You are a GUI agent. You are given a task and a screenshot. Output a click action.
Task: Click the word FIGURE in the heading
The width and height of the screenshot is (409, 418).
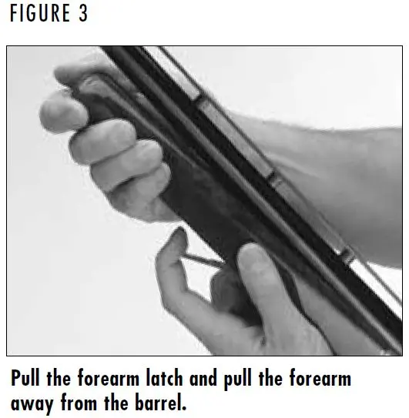(x=40, y=13)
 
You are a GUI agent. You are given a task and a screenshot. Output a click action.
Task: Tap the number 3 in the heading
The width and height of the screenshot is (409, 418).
(x=83, y=13)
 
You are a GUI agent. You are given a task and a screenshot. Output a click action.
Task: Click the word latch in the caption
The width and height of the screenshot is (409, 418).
(x=165, y=378)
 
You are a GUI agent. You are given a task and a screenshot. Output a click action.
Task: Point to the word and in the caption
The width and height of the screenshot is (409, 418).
(x=203, y=378)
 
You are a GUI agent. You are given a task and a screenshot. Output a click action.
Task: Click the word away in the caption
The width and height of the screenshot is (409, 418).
(x=32, y=404)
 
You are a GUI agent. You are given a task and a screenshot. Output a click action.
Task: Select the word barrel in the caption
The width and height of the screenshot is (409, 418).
(x=161, y=403)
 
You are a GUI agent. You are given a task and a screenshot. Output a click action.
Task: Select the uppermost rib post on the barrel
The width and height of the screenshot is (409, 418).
(x=199, y=98)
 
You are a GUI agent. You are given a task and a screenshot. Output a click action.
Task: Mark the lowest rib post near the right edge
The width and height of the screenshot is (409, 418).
(x=347, y=255)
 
